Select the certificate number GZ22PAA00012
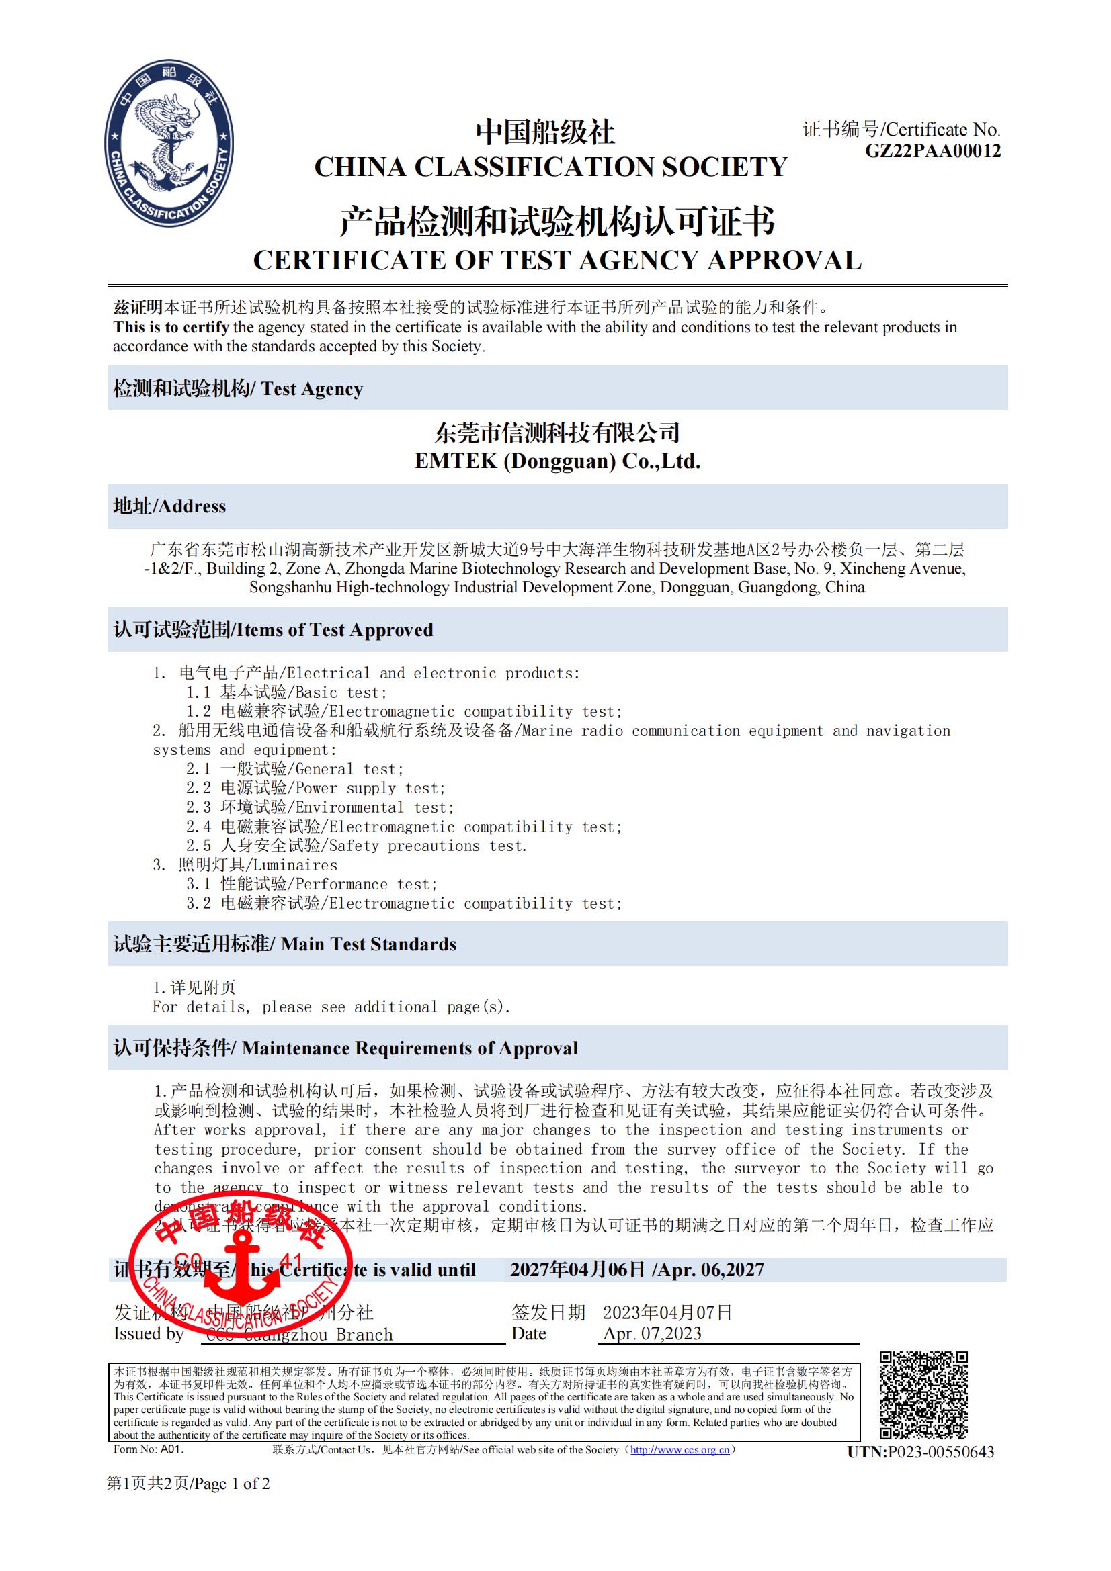point(932,151)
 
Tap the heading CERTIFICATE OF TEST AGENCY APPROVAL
point(557,261)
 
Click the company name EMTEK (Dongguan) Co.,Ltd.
point(557,461)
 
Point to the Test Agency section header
point(238,389)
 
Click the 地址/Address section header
point(170,506)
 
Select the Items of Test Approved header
point(273,629)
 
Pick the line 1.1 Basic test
point(286,692)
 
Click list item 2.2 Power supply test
point(316,789)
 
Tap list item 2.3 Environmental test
point(320,807)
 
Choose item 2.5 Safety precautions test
point(356,846)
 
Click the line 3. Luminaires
point(245,865)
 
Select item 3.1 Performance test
point(311,884)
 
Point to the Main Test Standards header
point(285,944)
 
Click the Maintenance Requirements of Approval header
point(345,1048)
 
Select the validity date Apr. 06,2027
point(709,1270)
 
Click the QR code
point(923,1396)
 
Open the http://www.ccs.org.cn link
point(680,1450)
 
